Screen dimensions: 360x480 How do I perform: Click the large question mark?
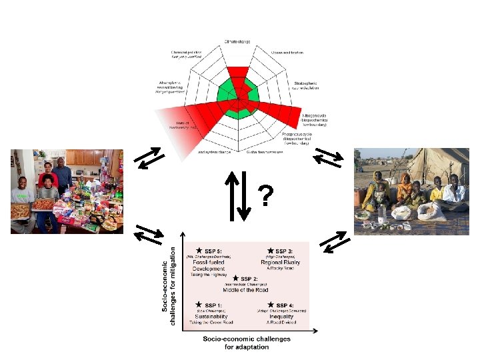click(266, 196)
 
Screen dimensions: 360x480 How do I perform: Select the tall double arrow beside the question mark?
click(237, 196)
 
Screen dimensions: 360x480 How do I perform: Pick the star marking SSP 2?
click(235, 278)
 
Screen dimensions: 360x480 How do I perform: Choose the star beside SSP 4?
click(271, 305)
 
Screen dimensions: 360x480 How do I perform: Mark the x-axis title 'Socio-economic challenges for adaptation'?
click(246, 342)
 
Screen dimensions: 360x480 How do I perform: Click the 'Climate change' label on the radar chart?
click(237, 42)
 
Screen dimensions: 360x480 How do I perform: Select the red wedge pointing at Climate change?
click(237, 75)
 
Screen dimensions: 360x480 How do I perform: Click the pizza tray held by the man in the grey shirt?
click(21, 211)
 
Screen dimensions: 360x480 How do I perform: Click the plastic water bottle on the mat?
click(381, 213)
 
